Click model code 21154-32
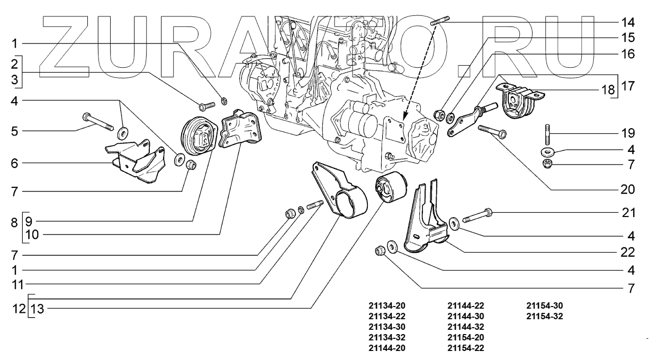point(544,317)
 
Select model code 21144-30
point(465,317)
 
